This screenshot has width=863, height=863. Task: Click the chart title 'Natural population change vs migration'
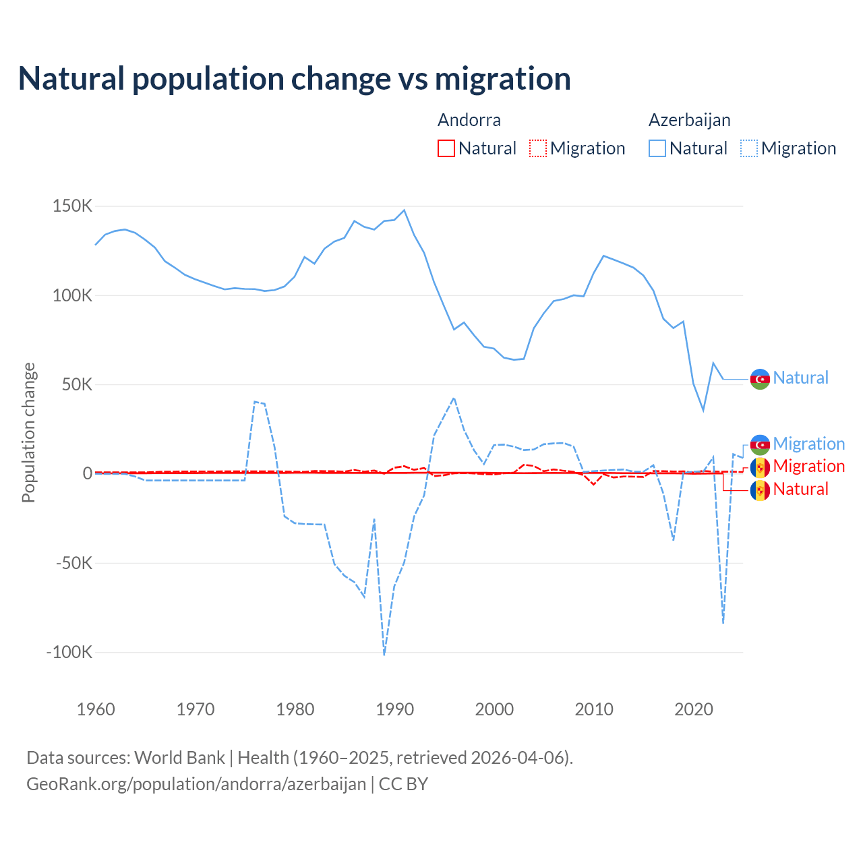[295, 79]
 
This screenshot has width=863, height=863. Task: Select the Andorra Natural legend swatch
[446, 148]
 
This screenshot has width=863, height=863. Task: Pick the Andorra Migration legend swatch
[538, 148]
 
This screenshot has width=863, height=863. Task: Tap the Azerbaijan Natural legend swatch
[657, 148]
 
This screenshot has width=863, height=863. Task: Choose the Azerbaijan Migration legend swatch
[749, 148]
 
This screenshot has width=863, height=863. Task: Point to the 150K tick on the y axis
[72, 206]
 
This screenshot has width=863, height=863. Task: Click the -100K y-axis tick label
[69, 653]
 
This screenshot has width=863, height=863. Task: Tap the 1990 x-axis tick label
[395, 709]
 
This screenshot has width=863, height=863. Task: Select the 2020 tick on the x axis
[694, 709]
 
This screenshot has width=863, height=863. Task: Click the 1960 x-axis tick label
[96, 709]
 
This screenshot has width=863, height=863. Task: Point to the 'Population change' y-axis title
[28, 432]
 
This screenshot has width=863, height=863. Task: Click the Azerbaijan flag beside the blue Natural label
[760, 379]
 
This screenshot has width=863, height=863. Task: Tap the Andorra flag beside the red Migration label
[760, 467]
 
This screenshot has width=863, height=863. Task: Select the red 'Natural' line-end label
[800, 489]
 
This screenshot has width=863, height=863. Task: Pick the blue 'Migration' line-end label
[808, 444]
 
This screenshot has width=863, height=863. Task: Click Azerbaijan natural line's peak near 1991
[404, 210]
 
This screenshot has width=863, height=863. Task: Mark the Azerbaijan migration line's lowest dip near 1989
[384, 654]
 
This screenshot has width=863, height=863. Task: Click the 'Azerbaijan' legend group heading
[689, 120]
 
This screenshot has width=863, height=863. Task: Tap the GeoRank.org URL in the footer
[196, 784]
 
